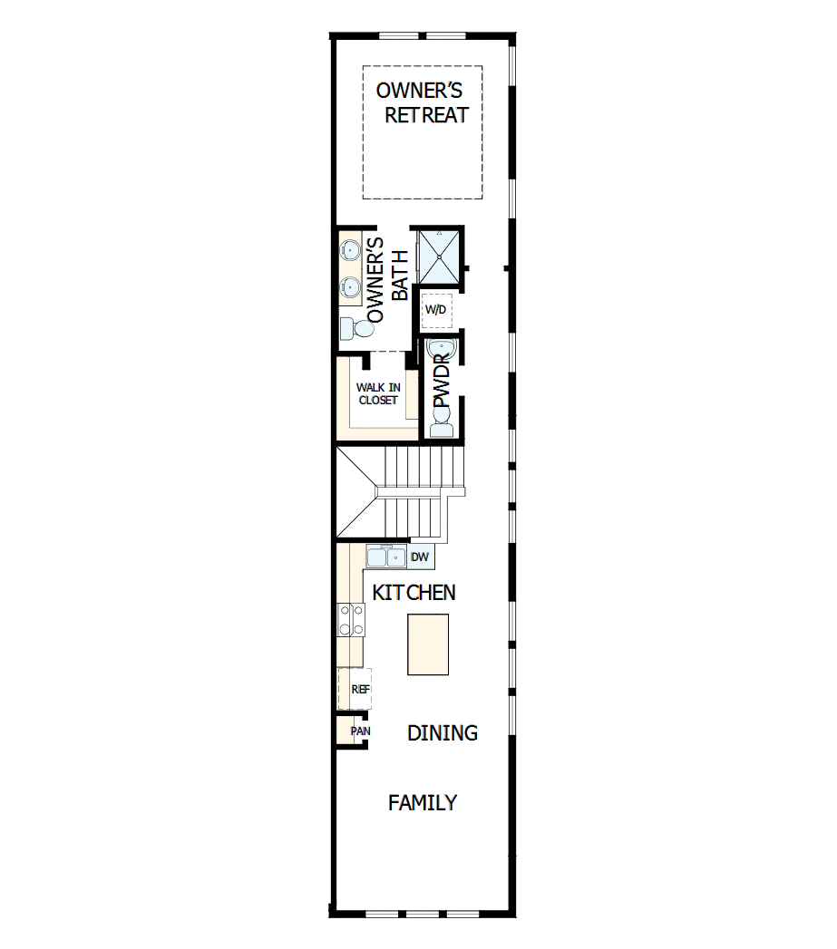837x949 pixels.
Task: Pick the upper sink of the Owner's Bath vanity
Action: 350,250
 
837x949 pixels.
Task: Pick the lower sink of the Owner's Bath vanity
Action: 350,287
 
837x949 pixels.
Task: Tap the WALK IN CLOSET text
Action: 377,393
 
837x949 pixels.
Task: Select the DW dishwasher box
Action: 420,557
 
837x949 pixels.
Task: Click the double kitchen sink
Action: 386,556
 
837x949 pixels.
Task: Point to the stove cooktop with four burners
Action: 351,621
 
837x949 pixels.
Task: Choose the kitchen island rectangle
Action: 428,644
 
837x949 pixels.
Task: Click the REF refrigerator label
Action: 360,689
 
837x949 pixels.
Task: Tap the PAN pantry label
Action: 360,731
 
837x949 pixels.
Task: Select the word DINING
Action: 442,733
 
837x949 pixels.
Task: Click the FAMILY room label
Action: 423,802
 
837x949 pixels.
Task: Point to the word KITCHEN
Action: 414,593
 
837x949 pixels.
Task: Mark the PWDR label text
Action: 442,384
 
